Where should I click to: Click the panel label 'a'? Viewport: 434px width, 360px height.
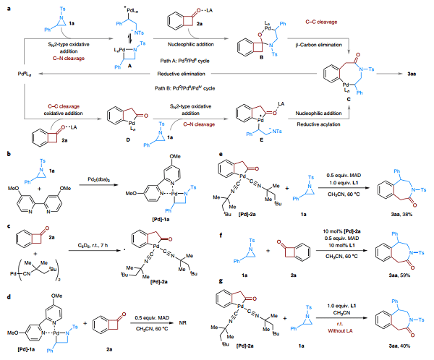pyautogui.click(x=4, y=4)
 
